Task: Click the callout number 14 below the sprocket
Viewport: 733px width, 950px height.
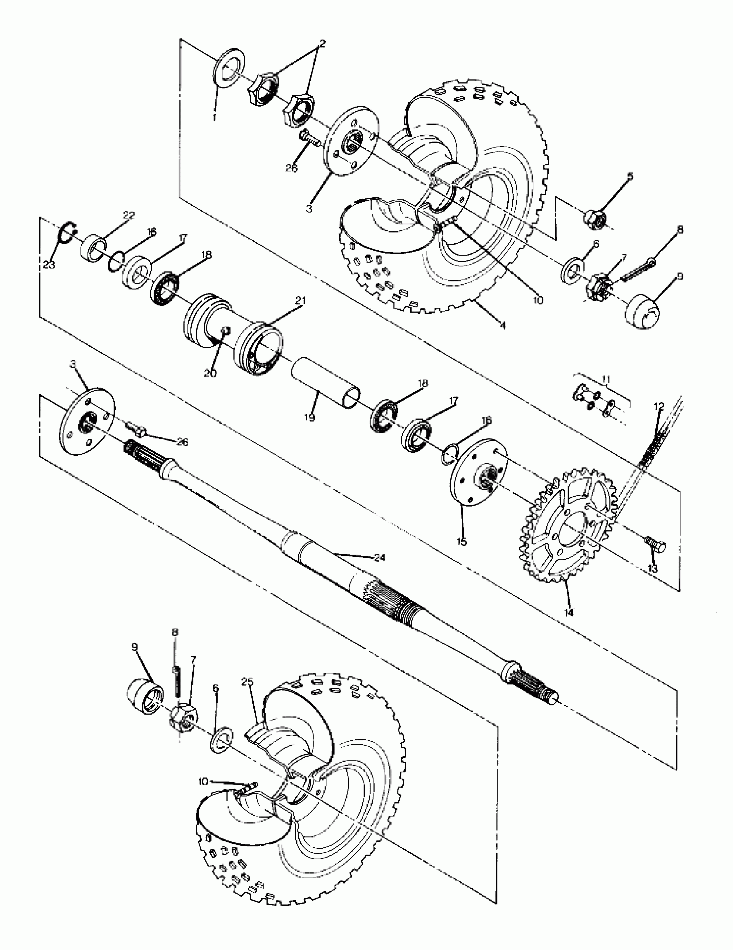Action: (x=568, y=613)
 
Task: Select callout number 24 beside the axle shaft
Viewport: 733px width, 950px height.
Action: (x=380, y=557)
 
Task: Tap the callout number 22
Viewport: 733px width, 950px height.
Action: (x=129, y=215)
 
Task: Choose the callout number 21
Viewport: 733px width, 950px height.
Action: (x=302, y=300)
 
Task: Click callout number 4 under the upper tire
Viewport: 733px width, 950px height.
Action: (x=503, y=325)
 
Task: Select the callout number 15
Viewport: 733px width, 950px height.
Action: (x=461, y=542)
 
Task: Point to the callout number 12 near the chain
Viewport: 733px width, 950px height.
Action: (x=659, y=406)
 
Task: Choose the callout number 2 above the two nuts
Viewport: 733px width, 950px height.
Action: (x=322, y=44)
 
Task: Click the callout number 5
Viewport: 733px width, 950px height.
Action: (x=630, y=176)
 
